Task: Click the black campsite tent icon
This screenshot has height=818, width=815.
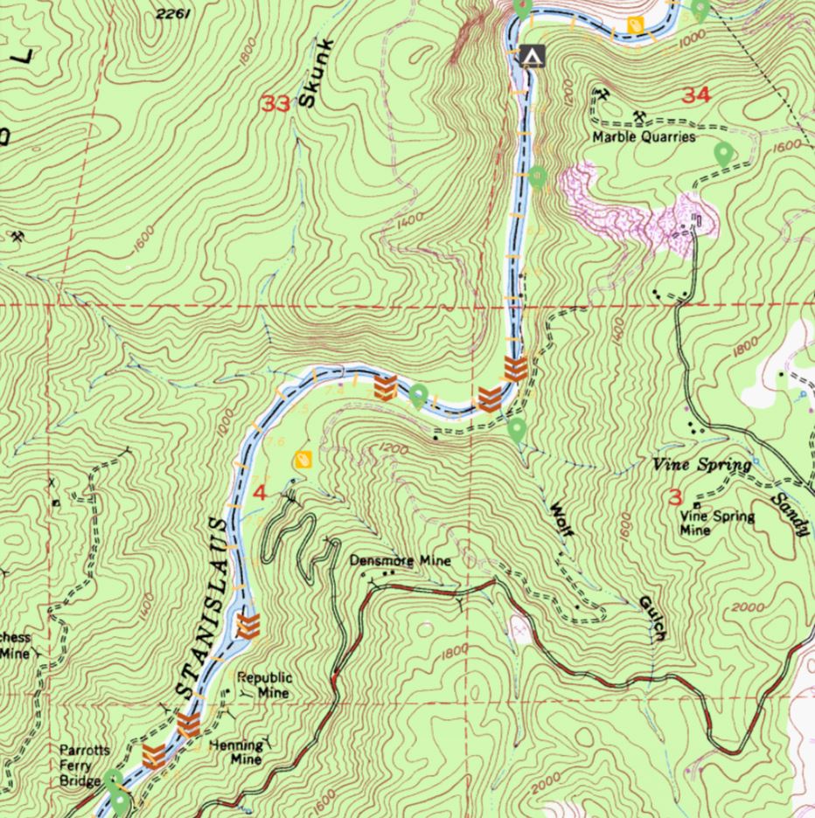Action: click(x=531, y=56)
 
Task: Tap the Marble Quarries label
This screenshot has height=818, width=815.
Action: click(x=644, y=137)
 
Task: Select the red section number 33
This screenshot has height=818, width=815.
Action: click(x=275, y=105)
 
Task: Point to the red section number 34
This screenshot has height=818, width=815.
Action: click(x=696, y=94)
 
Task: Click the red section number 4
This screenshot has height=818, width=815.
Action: click(x=259, y=493)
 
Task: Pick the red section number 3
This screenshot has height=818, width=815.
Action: click(x=674, y=498)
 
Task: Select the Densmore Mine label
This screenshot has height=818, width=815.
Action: click(x=401, y=560)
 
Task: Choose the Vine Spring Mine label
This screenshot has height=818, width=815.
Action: click(x=717, y=523)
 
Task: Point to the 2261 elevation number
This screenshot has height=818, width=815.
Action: click(x=171, y=13)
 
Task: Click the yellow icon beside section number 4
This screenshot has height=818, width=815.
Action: click(x=303, y=459)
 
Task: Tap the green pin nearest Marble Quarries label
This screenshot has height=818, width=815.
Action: click(x=723, y=156)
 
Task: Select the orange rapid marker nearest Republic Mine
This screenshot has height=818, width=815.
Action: click(x=249, y=625)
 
